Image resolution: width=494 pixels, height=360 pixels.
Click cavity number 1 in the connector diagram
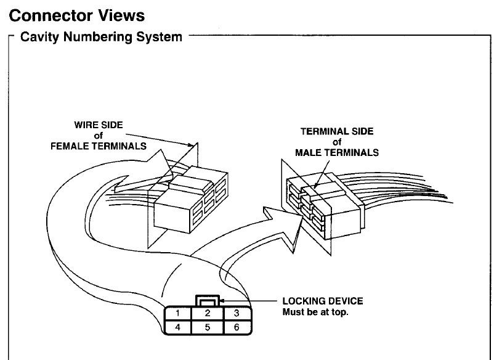point(177,313)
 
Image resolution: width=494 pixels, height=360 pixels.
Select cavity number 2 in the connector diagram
point(208,313)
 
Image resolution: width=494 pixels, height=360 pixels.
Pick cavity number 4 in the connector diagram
point(177,327)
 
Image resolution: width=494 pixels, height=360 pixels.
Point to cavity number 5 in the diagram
point(208,327)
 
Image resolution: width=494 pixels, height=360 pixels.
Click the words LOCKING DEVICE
point(322,301)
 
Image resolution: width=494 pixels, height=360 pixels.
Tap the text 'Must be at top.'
point(315,311)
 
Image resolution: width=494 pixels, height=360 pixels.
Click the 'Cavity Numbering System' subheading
point(101,38)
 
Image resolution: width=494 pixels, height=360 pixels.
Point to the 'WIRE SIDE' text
point(99,126)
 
